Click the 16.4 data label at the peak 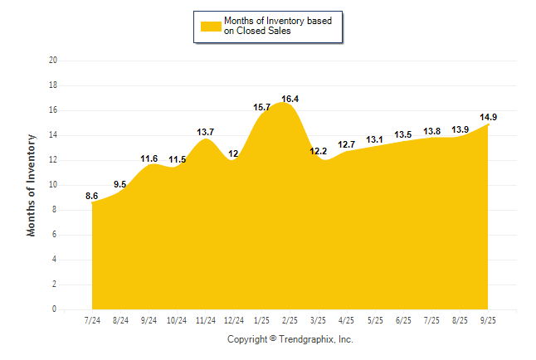[290, 99]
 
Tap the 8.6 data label [92, 196]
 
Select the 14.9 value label [489, 117]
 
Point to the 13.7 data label [206, 132]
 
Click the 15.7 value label [262, 107]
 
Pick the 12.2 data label [319, 151]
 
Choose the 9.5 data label [120, 184]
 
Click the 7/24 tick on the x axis [93, 320]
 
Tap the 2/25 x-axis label [290, 320]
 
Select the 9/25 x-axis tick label [488, 320]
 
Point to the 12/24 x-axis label [234, 320]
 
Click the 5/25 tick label [375, 320]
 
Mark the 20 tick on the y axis [53, 61]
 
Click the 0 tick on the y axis [55, 309]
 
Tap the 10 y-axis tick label [53, 185]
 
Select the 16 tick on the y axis [53, 110]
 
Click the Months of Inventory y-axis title [32, 185]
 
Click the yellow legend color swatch [211, 26]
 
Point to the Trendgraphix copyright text [290, 339]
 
